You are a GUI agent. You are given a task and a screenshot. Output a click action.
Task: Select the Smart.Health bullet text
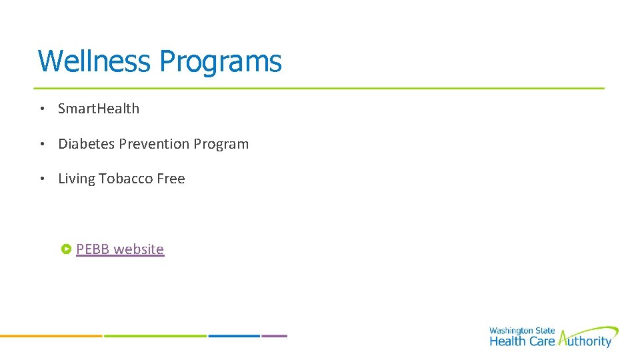coord(99,109)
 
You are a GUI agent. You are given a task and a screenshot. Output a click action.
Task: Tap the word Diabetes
coord(87,144)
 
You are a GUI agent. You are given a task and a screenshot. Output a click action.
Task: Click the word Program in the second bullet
coord(221,145)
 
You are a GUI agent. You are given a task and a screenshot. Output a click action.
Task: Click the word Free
coord(171,179)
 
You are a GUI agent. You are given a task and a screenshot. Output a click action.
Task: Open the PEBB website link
coord(120,249)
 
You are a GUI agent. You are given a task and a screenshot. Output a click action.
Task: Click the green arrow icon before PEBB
coord(66,249)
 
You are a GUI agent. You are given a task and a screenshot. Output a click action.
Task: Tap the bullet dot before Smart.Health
coord(41,109)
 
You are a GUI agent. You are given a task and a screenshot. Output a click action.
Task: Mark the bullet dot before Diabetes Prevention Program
coord(41,145)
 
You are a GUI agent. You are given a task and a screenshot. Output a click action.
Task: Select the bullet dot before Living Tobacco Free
coord(41,179)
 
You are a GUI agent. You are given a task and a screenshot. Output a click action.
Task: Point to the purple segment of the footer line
coord(274,336)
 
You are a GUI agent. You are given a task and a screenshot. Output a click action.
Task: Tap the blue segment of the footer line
coord(233,336)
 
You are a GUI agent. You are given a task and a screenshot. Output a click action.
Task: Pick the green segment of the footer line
coord(155,336)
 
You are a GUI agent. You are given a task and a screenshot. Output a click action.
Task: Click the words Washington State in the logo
coord(522,331)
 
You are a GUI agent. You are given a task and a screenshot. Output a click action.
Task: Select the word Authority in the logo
coord(585,341)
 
